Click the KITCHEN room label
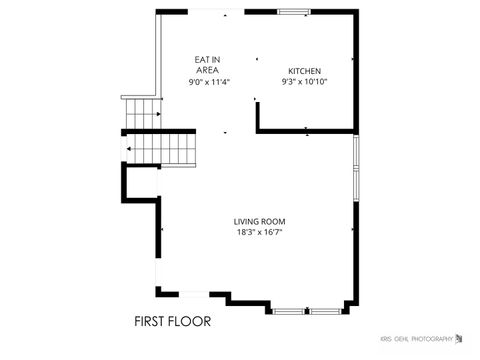304,71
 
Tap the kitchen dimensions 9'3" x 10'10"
304,82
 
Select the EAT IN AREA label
208,65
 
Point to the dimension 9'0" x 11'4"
209,82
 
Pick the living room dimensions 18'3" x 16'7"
259,233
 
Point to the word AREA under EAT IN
208,71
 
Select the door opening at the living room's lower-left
157,275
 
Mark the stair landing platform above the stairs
140,98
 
